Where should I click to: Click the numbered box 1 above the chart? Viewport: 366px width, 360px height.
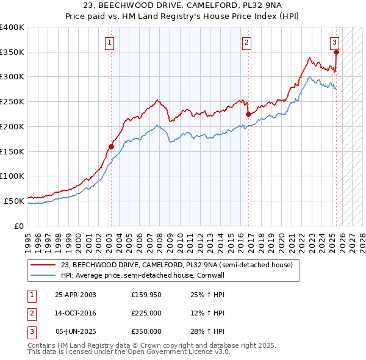(x=109, y=42)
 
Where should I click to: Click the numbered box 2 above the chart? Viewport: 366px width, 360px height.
(x=246, y=42)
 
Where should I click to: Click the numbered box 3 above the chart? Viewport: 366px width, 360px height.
(x=335, y=42)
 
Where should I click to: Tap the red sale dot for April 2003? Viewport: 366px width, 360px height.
(x=112, y=146)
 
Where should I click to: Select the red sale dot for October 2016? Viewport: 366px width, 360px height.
(x=248, y=113)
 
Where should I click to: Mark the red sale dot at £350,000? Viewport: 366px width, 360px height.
(x=336, y=52)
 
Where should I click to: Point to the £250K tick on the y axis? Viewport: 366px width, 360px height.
(x=13, y=101)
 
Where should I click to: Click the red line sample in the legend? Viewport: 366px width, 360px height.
(x=43, y=265)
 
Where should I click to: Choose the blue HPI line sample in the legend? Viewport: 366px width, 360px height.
(x=43, y=275)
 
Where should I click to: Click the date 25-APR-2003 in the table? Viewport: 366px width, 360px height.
(x=76, y=295)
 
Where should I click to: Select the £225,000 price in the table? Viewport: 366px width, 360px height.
(x=146, y=313)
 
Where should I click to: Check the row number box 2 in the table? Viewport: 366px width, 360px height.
(x=31, y=313)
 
